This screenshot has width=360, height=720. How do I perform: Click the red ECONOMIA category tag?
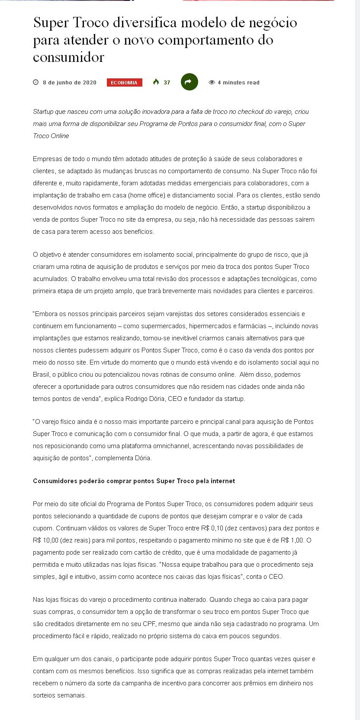click(124, 83)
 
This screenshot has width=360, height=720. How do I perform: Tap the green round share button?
click(189, 82)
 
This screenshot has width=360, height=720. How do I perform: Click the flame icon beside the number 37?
click(156, 82)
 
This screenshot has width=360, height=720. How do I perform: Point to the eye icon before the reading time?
click(212, 82)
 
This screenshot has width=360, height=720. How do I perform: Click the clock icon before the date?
click(36, 82)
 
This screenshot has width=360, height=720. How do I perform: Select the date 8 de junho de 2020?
click(69, 83)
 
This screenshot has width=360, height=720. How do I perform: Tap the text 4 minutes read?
click(238, 83)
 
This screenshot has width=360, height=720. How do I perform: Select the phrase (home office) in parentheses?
click(147, 195)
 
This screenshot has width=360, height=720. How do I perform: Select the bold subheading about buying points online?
click(134, 481)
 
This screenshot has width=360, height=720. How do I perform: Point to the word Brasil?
click(41, 375)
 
